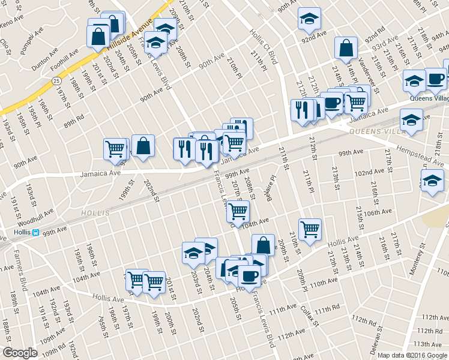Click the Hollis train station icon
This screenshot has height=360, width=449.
pos(35,233)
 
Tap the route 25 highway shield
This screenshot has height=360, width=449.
pos(56,80)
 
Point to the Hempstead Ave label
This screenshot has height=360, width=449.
pos(418,156)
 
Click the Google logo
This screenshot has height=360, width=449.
pos(20,353)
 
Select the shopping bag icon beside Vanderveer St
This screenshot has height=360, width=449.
pos(346,48)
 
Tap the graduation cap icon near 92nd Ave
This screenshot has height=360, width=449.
pos(309,19)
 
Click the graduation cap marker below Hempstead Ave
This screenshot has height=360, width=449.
pos(432,181)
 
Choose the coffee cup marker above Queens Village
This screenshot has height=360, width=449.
pos(435,79)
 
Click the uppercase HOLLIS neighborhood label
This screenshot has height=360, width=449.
pos(96,213)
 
